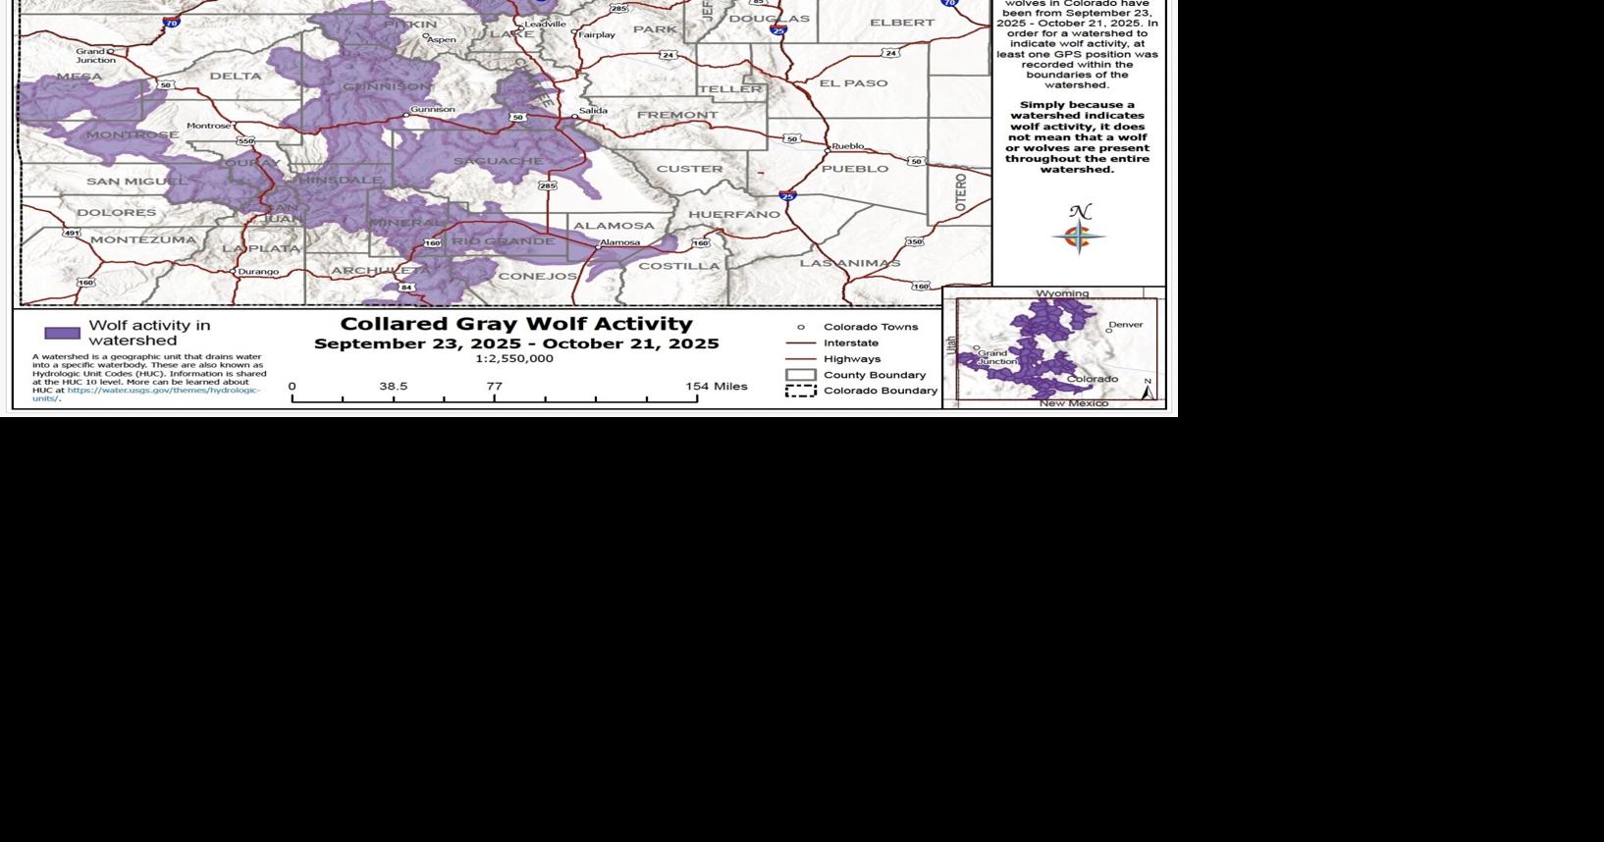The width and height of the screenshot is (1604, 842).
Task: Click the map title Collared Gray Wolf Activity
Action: [x=516, y=324]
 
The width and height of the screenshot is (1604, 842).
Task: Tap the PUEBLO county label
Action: [x=854, y=169]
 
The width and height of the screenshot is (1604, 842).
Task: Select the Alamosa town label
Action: [x=619, y=242]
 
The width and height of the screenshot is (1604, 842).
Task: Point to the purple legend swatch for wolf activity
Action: [x=63, y=333]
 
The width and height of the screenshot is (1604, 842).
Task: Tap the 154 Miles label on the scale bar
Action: [x=716, y=387]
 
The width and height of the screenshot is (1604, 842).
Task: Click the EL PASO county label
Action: [x=853, y=83]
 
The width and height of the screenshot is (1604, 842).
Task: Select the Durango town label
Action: [x=258, y=272]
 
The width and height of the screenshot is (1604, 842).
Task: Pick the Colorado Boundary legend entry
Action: [x=880, y=391]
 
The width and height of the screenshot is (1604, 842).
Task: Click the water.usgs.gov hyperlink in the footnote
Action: [x=163, y=391]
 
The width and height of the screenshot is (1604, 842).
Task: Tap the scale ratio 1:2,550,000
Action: [x=515, y=359]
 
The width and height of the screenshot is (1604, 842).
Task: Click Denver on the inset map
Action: [x=1125, y=325]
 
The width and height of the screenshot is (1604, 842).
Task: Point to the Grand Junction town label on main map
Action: [x=95, y=56]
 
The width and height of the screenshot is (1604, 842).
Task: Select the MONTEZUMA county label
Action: [x=143, y=239]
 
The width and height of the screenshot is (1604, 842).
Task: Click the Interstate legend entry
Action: [x=850, y=343]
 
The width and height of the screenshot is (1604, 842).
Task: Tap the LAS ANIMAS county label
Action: [x=849, y=263]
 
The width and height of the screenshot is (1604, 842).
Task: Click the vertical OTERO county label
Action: [x=961, y=192]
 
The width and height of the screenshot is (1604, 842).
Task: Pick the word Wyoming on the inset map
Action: [x=1062, y=293]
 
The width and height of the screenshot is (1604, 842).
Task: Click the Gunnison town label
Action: [x=432, y=110]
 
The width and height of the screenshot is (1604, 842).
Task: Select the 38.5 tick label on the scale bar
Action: [x=393, y=387]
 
